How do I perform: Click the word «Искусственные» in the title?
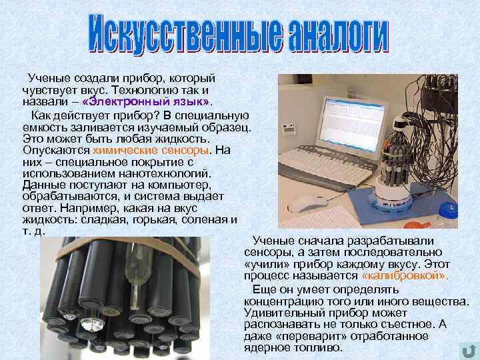point(185,34)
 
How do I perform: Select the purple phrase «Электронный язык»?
point(147,101)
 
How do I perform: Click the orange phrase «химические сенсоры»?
point(151,150)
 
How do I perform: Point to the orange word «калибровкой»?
point(404,275)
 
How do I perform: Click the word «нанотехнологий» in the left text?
point(165,173)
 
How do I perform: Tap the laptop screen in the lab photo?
point(353,125)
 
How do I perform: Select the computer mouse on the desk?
point(306,203)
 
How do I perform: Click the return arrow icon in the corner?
point(469,351)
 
